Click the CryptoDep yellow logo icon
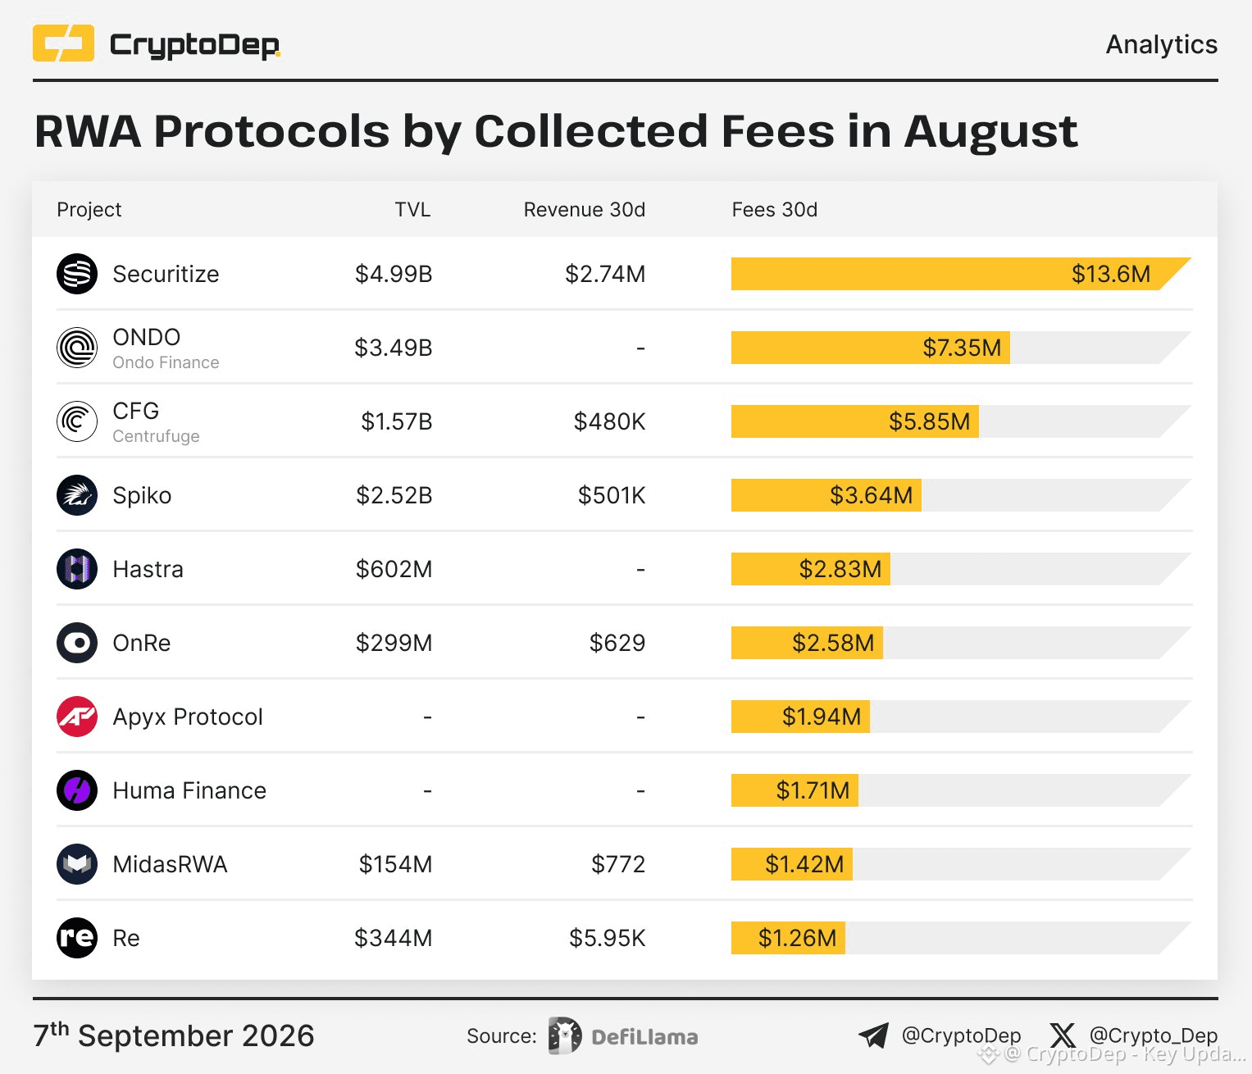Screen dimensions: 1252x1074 pyautogui.click(x=64, y=43)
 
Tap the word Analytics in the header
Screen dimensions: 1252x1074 pyautogui.click(x=1161, y=44)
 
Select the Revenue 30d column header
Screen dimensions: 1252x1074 pyautogui.click(x=584, y=210)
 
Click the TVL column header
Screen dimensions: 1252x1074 pyautogui.click(x=412, y=210)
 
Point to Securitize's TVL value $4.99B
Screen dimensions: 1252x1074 pyautogui.click(x=394, y=274)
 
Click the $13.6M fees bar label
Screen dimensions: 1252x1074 pyautogui.click(x=1110, y=274)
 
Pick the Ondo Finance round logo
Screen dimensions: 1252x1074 pyautogui.click(x=77, y=348)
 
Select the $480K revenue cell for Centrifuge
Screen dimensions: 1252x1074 pyautogui.click(x=609, y=421)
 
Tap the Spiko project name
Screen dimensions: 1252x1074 pyautogui.click(x=142, y=495)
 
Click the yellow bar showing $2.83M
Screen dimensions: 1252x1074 pyautogui.click(x=810, y=569)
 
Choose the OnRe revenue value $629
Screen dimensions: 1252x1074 pyautogui.click(x=617, y=643)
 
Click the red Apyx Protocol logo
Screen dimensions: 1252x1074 pyautogui.click(x=77, y=717)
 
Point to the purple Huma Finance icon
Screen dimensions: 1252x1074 pyautogui.click(x=77, y=790)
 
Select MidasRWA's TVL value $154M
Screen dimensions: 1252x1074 pyautogui.click(x=395, y=864)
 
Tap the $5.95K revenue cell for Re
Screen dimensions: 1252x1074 pyautogui.click(x=607, y=938)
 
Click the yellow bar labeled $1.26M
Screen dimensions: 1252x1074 pyautogui.click(x=788, y=938)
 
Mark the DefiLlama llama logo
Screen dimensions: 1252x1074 pyautogui.click(x=565, y=1035)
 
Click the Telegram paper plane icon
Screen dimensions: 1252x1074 pyautogui.click(x=873, y=1035)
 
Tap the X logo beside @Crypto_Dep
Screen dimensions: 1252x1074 pyautogui.click(x=1063, y=1035)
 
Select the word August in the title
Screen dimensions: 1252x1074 pyautogui.click(x=991, y=131)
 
